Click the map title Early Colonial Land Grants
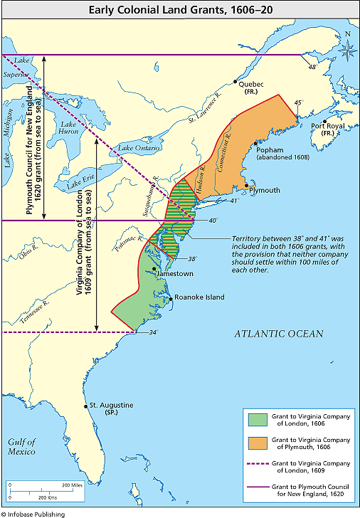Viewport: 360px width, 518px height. click(179, 10)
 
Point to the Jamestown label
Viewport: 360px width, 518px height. click(172, 273)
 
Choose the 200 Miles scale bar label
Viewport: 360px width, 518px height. click(72, 485)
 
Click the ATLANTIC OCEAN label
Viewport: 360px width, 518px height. click(280, 333)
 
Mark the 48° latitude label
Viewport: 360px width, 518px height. click(311, 68)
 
